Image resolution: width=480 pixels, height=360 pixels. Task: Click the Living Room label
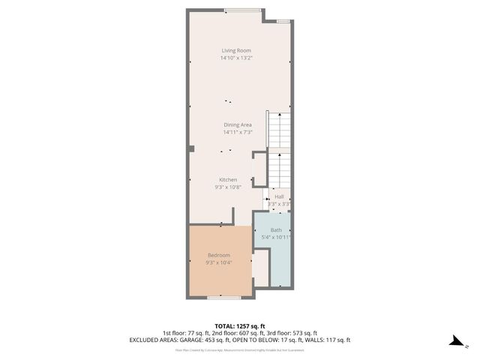[x=236, y=50]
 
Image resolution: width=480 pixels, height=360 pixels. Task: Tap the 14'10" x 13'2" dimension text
[x=236, y=58]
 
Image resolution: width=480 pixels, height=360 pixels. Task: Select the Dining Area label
[x=237, y=124]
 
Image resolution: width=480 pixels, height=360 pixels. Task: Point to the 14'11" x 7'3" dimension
[x=237, y=132]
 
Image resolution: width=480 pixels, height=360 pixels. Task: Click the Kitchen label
[x=228, y=180]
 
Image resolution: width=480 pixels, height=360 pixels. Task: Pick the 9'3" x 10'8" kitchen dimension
[x=228, y=187]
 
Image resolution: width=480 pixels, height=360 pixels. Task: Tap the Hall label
[x=279, y=196]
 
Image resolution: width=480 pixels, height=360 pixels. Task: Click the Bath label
[x=276, y=230]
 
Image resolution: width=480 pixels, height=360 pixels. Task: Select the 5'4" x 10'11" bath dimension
[x=276, y=238]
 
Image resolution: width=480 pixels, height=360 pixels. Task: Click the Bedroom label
[x=219, y=256]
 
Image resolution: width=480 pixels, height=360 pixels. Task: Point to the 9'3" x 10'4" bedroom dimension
[x=219, y=263]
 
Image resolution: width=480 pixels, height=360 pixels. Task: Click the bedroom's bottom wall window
[x=224, y=298]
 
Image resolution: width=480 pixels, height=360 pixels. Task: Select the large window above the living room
[x=242, y=10]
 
